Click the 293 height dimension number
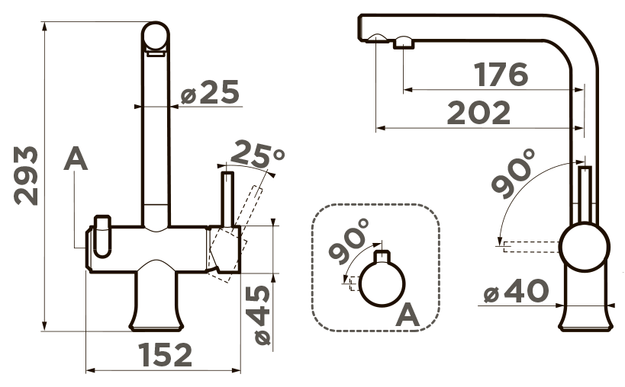point(26,176)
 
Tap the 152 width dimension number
point(165,355)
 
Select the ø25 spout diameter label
point(210,92)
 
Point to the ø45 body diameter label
point(263,315)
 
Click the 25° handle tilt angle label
point(257,154)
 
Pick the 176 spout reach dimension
point(501,75)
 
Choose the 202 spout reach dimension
point(478,113)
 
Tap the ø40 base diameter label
point(516,291)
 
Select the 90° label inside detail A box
point(350,241)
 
